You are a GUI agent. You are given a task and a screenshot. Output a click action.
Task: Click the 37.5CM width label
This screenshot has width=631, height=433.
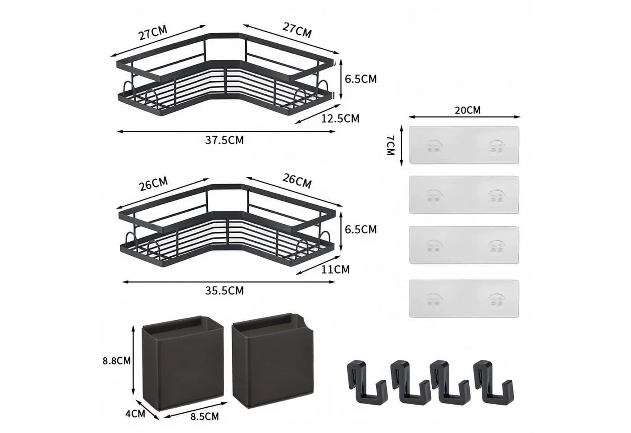click(224, 140)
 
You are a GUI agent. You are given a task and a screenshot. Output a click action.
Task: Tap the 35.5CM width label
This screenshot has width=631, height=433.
click(224, 290)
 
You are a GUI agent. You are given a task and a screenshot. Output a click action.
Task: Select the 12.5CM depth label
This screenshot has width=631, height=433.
click(340, 119)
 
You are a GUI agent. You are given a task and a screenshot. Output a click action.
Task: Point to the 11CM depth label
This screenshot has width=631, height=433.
click(335, 270)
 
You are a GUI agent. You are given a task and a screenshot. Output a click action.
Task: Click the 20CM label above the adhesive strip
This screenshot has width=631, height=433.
click(468, 110)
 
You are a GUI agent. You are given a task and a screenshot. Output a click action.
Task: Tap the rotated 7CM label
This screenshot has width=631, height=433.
click(390, 145)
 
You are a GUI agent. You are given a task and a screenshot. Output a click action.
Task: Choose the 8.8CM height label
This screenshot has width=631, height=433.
click(117, 360)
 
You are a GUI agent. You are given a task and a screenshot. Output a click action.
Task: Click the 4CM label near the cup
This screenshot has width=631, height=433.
click(135, 414)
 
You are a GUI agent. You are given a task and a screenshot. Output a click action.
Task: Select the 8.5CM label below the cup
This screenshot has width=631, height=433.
click(205, 416)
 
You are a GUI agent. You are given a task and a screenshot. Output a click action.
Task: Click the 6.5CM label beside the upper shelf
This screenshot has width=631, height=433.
click(361, 79)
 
